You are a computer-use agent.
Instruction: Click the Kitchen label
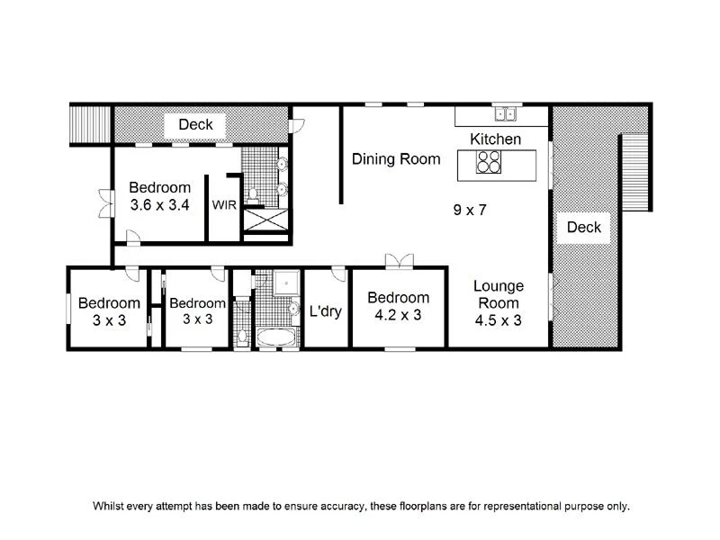pyautogui.click(x=496, y=139)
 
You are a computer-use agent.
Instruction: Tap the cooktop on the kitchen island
pyautogui.click(x=489, y=162)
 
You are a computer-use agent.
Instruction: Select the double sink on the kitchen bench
pyautogui.click(x=504, y=114)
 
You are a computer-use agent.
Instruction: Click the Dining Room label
pyautogui.click(x=396, y=159)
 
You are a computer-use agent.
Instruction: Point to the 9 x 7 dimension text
pyautogui.click(x=471, y=210)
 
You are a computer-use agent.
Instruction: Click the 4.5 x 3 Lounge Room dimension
pyautogui.click(x=499, y=319)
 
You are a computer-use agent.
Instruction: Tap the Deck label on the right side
pyautogui.click(x=583, y=227)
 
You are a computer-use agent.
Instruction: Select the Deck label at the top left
pyautogui.click(x=195, y=124)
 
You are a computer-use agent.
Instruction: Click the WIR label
pyautogui.click(x=224, y=205)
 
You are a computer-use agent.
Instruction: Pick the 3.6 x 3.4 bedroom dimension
pyautogui.click(x=159, y=204)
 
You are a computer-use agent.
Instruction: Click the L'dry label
pyautogui.click(x=325, y=312)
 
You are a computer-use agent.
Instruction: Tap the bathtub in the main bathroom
pyautogui.click(x=275, y=338)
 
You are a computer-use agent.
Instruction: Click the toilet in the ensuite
pyautogui.click(x=254, y=193)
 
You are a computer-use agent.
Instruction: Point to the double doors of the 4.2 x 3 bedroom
pyautogui.click(x=399, y=261)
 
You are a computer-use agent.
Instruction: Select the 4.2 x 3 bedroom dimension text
pyautogui.click(x=398, y=315)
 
